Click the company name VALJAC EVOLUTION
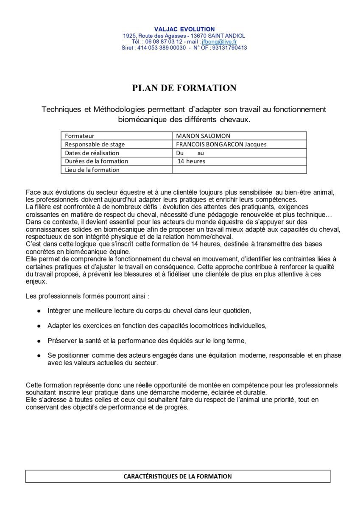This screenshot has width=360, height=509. coord(184,29)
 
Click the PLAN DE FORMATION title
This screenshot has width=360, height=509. coord(184,88)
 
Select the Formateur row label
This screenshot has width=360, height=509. coord(80,136)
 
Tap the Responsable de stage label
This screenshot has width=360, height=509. coord(95,144)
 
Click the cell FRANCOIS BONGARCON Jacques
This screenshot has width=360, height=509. coord(221,144)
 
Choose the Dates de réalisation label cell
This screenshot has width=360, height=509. coord(92,153)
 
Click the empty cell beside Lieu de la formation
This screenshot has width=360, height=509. coord(239,170)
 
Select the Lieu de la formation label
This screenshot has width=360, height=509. coord(92,170)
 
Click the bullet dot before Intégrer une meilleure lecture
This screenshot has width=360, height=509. coord(39,311)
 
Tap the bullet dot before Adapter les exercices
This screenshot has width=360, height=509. coord(39,326)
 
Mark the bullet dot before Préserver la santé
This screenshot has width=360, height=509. coord(39,341)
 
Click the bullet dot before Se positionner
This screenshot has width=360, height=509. coord(39,355)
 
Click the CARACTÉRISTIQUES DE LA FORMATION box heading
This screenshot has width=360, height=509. coord(178,476)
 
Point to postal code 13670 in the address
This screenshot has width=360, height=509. coord(199,36)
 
